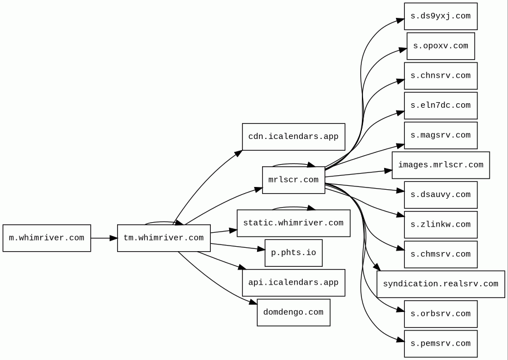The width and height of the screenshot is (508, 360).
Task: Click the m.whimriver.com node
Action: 47,238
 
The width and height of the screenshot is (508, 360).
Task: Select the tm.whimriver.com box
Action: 163,238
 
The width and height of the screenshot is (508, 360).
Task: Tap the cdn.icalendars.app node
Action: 293,137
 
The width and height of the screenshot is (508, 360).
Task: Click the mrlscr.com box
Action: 293,180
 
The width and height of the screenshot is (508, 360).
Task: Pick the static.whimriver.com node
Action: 293,223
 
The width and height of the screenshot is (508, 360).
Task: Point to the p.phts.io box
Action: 293,253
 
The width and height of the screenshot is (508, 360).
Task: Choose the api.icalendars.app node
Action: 293,282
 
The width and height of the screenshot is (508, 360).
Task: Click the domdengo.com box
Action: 293,312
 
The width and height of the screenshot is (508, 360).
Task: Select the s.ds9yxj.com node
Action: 441,16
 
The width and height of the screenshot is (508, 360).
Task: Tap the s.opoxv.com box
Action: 441,46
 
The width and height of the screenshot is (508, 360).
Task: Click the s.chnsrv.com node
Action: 441,75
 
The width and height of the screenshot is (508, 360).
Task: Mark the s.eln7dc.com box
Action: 441,105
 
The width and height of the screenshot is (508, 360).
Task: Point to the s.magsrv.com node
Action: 441,135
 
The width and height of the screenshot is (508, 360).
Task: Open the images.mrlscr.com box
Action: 441,165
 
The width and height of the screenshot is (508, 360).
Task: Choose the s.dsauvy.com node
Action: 441,195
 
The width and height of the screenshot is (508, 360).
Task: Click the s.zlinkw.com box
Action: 441,224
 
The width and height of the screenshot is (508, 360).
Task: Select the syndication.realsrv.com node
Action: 441,284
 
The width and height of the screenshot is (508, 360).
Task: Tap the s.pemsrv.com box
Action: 441,343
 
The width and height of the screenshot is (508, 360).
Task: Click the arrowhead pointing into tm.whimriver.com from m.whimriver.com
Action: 113,238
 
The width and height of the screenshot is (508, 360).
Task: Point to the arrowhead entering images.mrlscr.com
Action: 388,171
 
